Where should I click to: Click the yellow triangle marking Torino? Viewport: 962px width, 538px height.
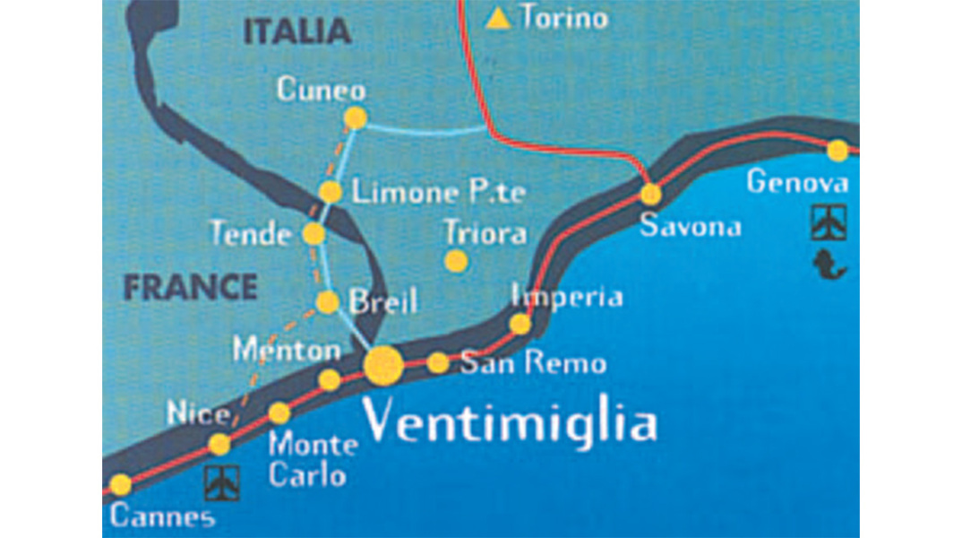coord(498,18)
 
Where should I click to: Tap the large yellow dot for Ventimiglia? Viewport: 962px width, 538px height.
coord(384,365)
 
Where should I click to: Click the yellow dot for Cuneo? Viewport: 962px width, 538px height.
coord(356,117)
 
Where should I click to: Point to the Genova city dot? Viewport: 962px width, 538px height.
coord(837,151)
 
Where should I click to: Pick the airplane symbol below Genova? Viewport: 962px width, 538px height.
coord(829,221)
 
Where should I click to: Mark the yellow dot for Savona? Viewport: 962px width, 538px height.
coord(651,194)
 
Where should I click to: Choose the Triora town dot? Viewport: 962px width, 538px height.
coord(457,261)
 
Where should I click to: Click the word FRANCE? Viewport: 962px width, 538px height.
coord(190,288)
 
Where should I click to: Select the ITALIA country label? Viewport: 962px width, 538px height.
coord(296,32)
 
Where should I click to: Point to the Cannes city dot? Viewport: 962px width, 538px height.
coord(120,485)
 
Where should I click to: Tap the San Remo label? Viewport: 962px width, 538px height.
coord(533,363)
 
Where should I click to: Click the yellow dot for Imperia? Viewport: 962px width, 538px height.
coord(520,324)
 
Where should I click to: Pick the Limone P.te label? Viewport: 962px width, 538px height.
coord(438,192)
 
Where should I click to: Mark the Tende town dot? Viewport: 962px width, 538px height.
coord(314,234)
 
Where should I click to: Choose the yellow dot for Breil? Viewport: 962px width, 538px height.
coord(328,302)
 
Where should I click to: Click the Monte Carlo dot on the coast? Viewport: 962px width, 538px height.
coord(279,413)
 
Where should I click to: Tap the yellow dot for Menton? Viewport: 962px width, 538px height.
coord(330,380)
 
